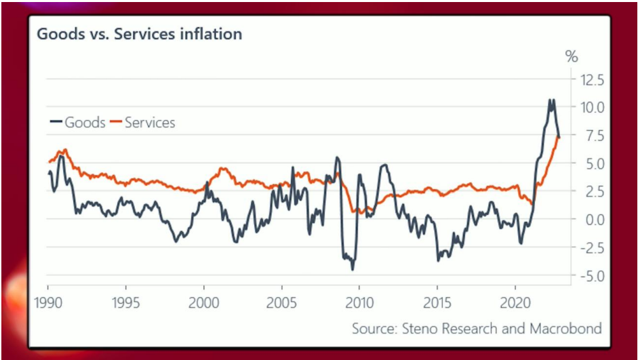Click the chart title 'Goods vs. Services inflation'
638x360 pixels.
(139, 34)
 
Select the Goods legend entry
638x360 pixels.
(79, 123)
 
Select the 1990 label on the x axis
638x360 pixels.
(48, 302)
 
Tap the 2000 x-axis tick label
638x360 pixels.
(203, 302)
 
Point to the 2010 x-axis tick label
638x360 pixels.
(359, 302)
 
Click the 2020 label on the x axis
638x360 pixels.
(515, 302)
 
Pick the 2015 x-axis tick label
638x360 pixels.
(437, 302)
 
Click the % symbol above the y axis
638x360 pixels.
(571, 56)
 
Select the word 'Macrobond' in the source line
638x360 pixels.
(569, 329)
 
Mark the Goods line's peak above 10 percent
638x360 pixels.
(550, 100)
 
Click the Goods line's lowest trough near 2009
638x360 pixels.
(353, 269)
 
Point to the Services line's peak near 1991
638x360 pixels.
(64, 150)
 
